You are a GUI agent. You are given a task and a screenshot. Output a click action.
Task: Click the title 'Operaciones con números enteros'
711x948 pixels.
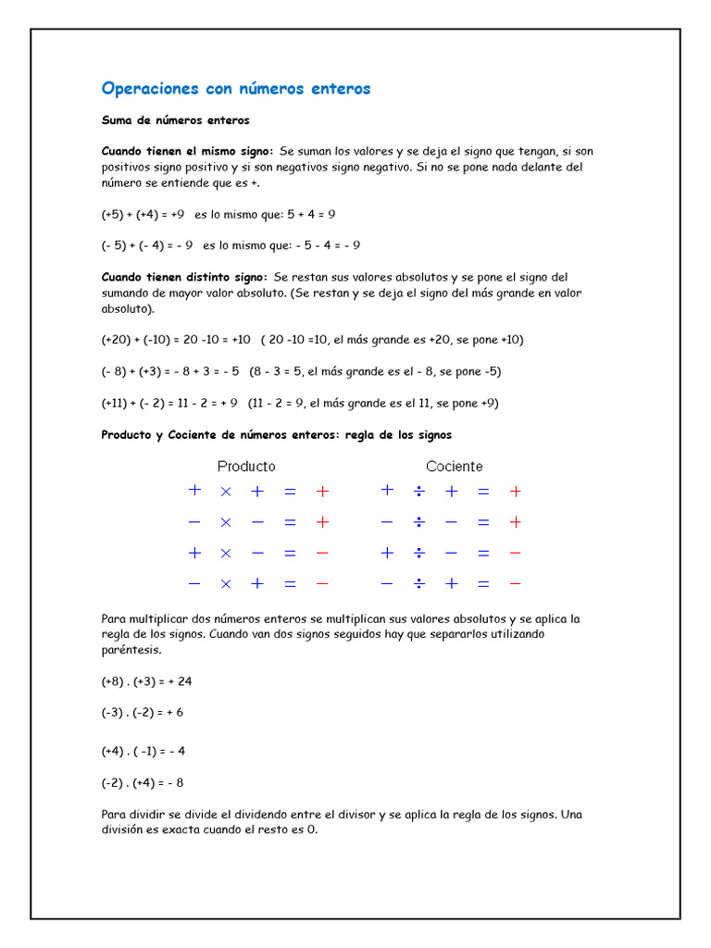coord(235,89)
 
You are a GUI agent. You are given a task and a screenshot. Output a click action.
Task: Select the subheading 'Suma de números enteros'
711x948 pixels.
coord(175,120)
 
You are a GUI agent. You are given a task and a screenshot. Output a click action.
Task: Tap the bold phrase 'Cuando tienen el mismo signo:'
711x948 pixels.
coord(187,151)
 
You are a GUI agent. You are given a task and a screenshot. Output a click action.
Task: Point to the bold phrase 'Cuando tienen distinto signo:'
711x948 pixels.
coord(184,277)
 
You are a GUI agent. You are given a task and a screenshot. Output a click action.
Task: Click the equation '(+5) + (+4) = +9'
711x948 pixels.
coord(143,214)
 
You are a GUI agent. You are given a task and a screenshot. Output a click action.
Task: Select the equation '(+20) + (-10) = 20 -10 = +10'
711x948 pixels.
coord(176,340)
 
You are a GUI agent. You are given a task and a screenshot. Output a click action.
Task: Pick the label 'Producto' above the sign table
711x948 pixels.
coord(246,467)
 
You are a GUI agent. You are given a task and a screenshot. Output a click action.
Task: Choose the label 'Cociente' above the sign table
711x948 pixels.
coord(454,467)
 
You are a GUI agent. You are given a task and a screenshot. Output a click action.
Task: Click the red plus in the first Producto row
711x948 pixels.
coord(322,492)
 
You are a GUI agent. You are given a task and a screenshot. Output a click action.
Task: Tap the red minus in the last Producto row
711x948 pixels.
coord(322,584)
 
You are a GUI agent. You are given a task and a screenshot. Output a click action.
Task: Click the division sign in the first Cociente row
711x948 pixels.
coord(418,492)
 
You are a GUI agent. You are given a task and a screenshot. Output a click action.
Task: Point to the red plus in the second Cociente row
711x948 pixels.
coord(516,522)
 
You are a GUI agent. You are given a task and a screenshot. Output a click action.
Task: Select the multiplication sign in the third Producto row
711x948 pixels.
coord(225,554)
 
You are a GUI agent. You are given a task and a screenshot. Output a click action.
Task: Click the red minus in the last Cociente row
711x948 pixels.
coord(516,584)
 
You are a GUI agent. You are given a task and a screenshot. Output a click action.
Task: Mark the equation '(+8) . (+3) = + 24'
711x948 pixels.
coord(146,681)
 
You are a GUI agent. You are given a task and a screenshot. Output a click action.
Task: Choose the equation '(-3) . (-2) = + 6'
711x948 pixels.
coord(143,713)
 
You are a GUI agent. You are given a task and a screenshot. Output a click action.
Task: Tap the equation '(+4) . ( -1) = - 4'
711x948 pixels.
coord(143,751)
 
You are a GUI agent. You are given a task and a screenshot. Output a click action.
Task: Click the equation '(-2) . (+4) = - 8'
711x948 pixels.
coord(143,782)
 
